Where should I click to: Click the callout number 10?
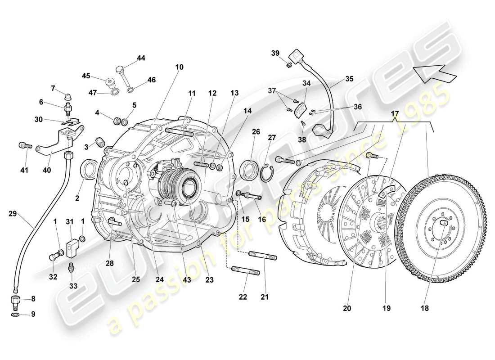coord(179,67)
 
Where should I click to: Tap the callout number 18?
coord(425,308)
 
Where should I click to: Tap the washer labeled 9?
coord(16,314)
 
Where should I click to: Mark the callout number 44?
coord(141,58)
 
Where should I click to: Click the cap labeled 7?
coord(67,96)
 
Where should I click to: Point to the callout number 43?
coord(186,279)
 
